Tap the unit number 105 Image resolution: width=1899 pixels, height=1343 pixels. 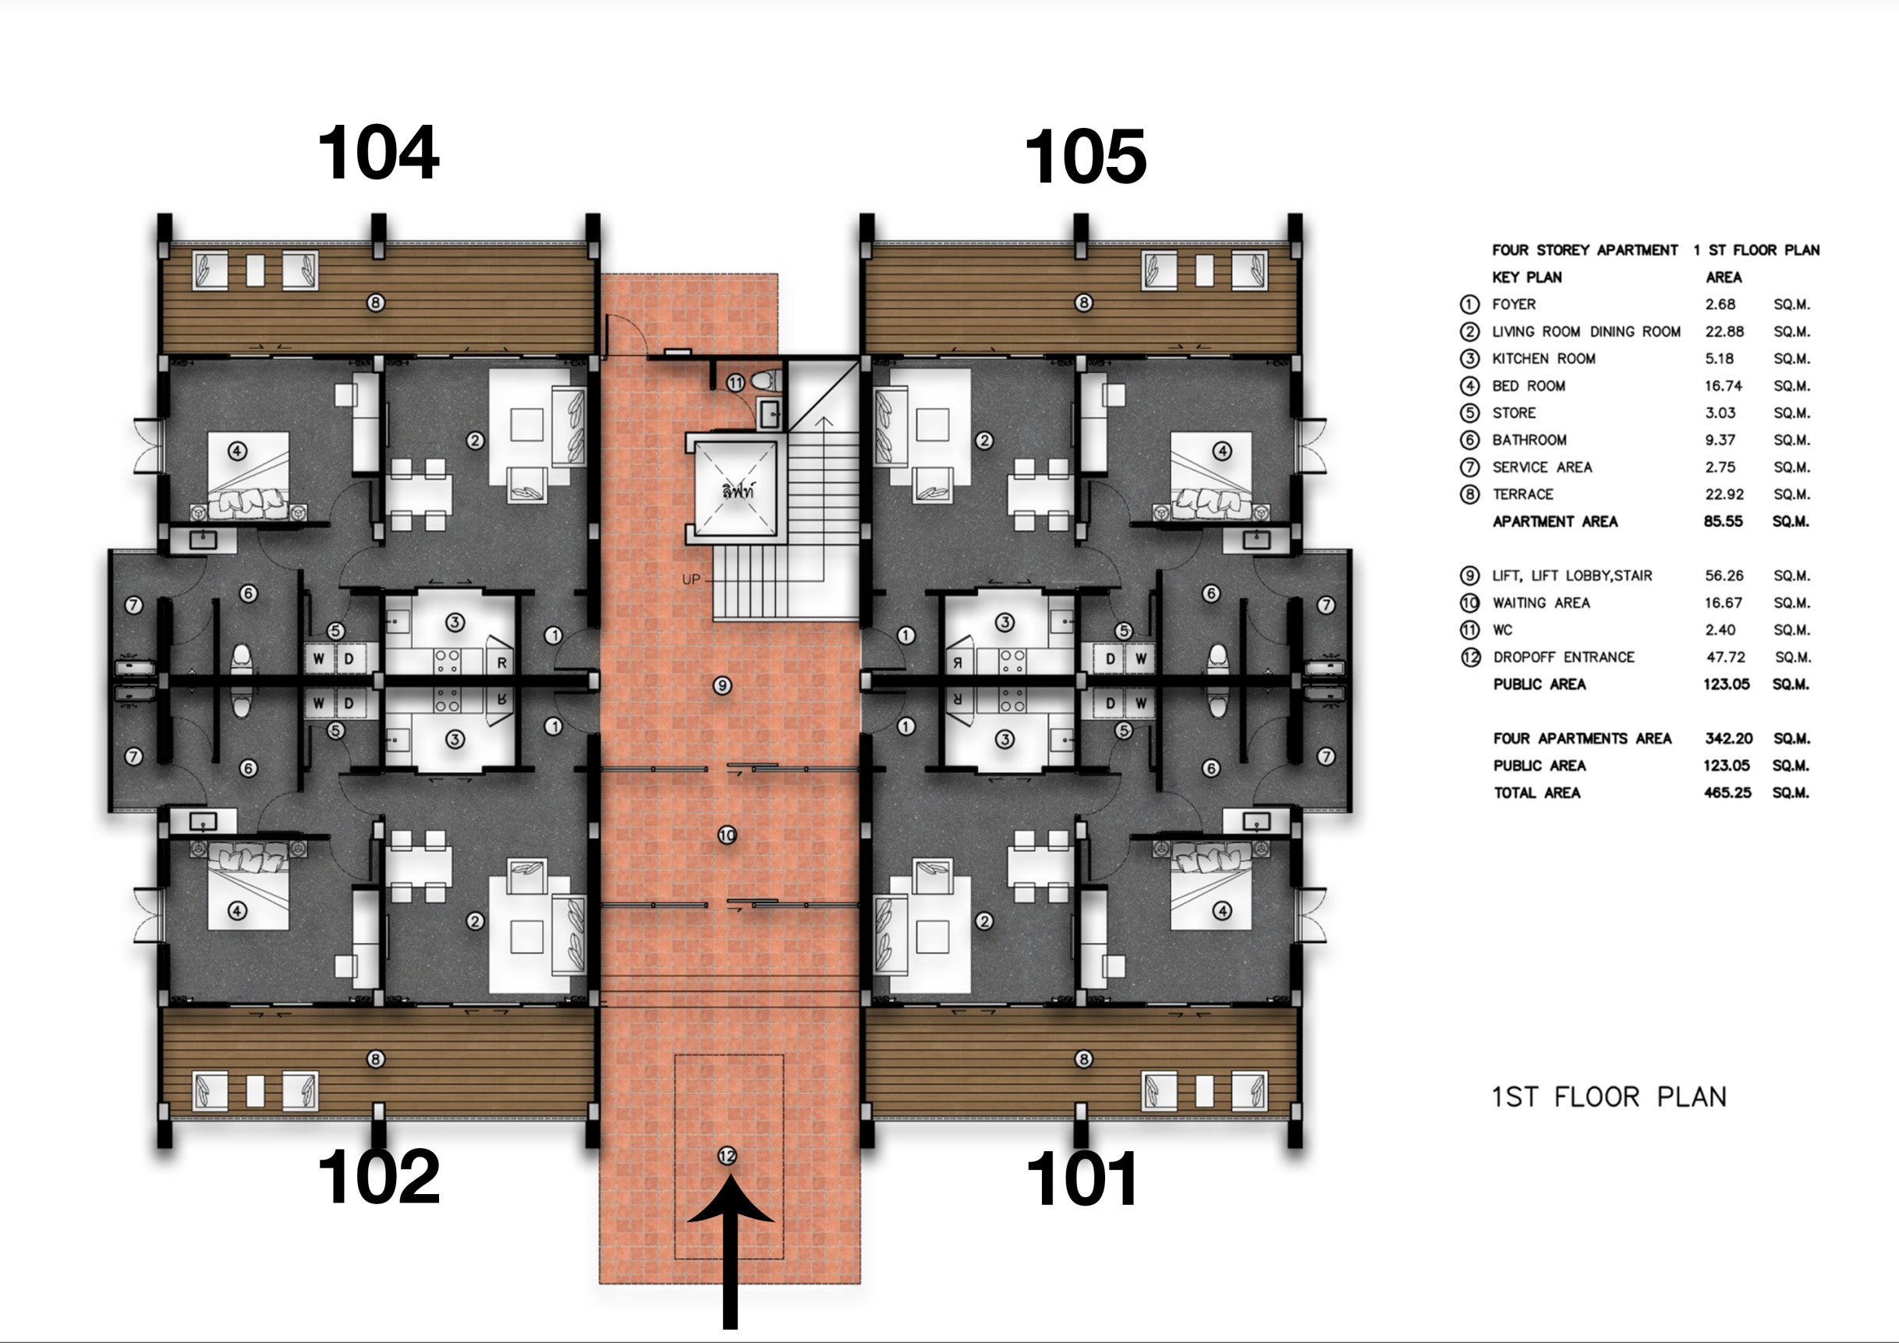(x=1086, y=156)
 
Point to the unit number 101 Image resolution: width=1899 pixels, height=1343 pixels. (x=1082, y=1179)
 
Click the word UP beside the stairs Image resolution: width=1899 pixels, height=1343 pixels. (x=691, y=579)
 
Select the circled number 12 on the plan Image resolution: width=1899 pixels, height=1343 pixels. (x=727, y=1155)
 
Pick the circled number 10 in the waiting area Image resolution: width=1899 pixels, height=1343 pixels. (x=727, y=835)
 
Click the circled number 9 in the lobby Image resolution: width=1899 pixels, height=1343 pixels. (x=722, y=686)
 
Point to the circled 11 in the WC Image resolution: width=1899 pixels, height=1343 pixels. (x=736, y=383)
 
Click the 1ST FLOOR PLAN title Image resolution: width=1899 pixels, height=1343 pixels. (x=1609, y=1097)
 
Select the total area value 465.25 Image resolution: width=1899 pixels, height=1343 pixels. (x=1727, y=792)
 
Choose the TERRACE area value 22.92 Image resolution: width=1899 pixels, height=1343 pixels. (x=1724, y=494)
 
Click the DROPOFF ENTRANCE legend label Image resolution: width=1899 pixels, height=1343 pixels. (x=1563, y=657)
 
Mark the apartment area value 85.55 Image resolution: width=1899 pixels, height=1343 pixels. (x=1723, y=522)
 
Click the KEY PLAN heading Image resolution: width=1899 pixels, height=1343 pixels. (x=1527, y=277)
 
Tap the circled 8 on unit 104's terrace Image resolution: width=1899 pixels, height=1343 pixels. (x=375, y=303)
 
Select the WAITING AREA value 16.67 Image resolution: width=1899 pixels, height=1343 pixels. (x=1723, y=603)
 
